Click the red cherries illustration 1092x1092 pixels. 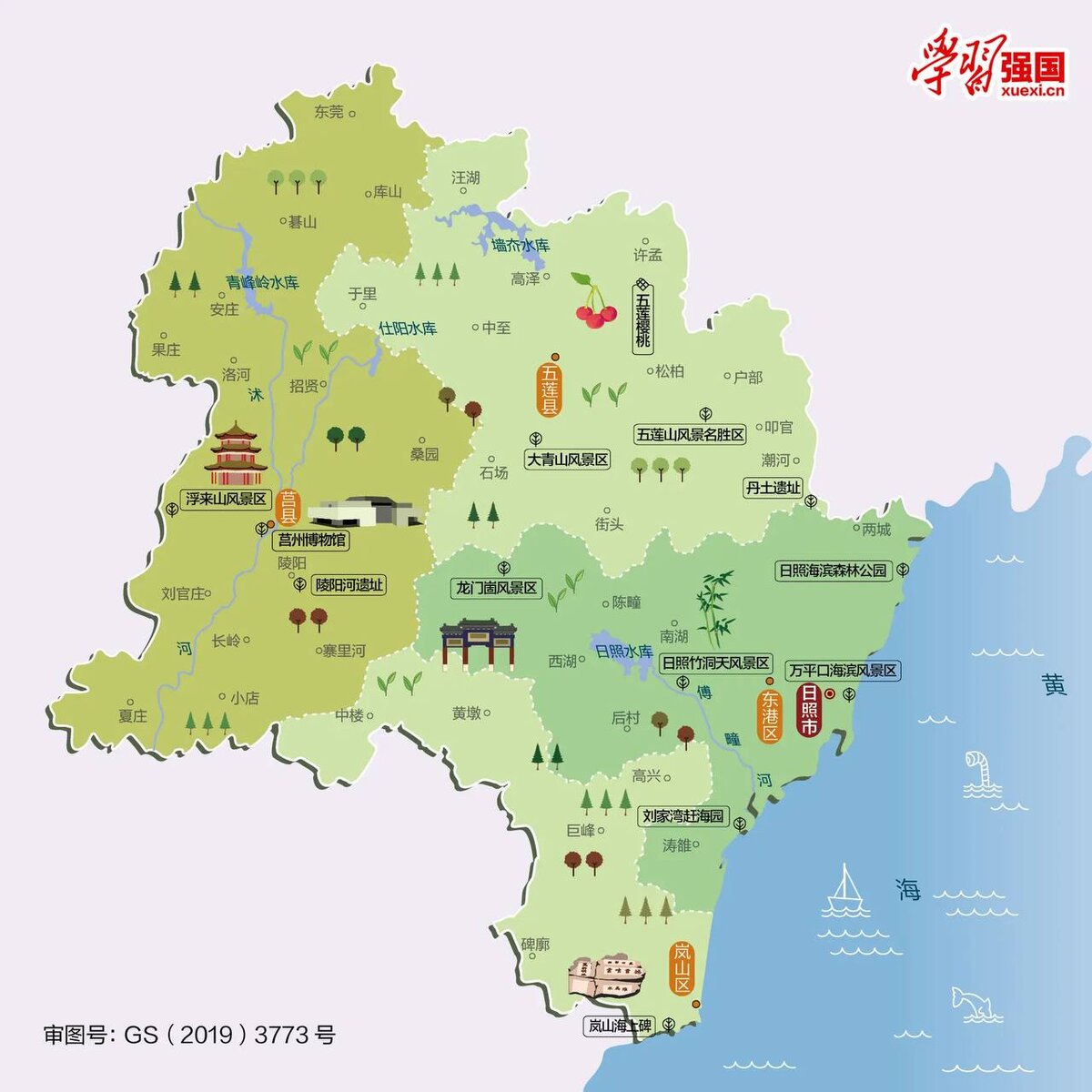(593, 302)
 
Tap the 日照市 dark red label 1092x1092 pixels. (808, 711)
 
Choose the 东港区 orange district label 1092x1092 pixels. (771, 716)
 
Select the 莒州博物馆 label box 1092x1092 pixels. (312, 540)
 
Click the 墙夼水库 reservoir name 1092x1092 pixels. (521, 245)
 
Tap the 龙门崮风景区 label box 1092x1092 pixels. (497, 588)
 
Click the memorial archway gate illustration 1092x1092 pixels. (479, 643)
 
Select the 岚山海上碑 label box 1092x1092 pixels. (620, 1026)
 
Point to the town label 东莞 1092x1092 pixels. (329, 112)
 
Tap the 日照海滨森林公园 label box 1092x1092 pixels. (833, 571)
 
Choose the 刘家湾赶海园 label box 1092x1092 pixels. (683, 816)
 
